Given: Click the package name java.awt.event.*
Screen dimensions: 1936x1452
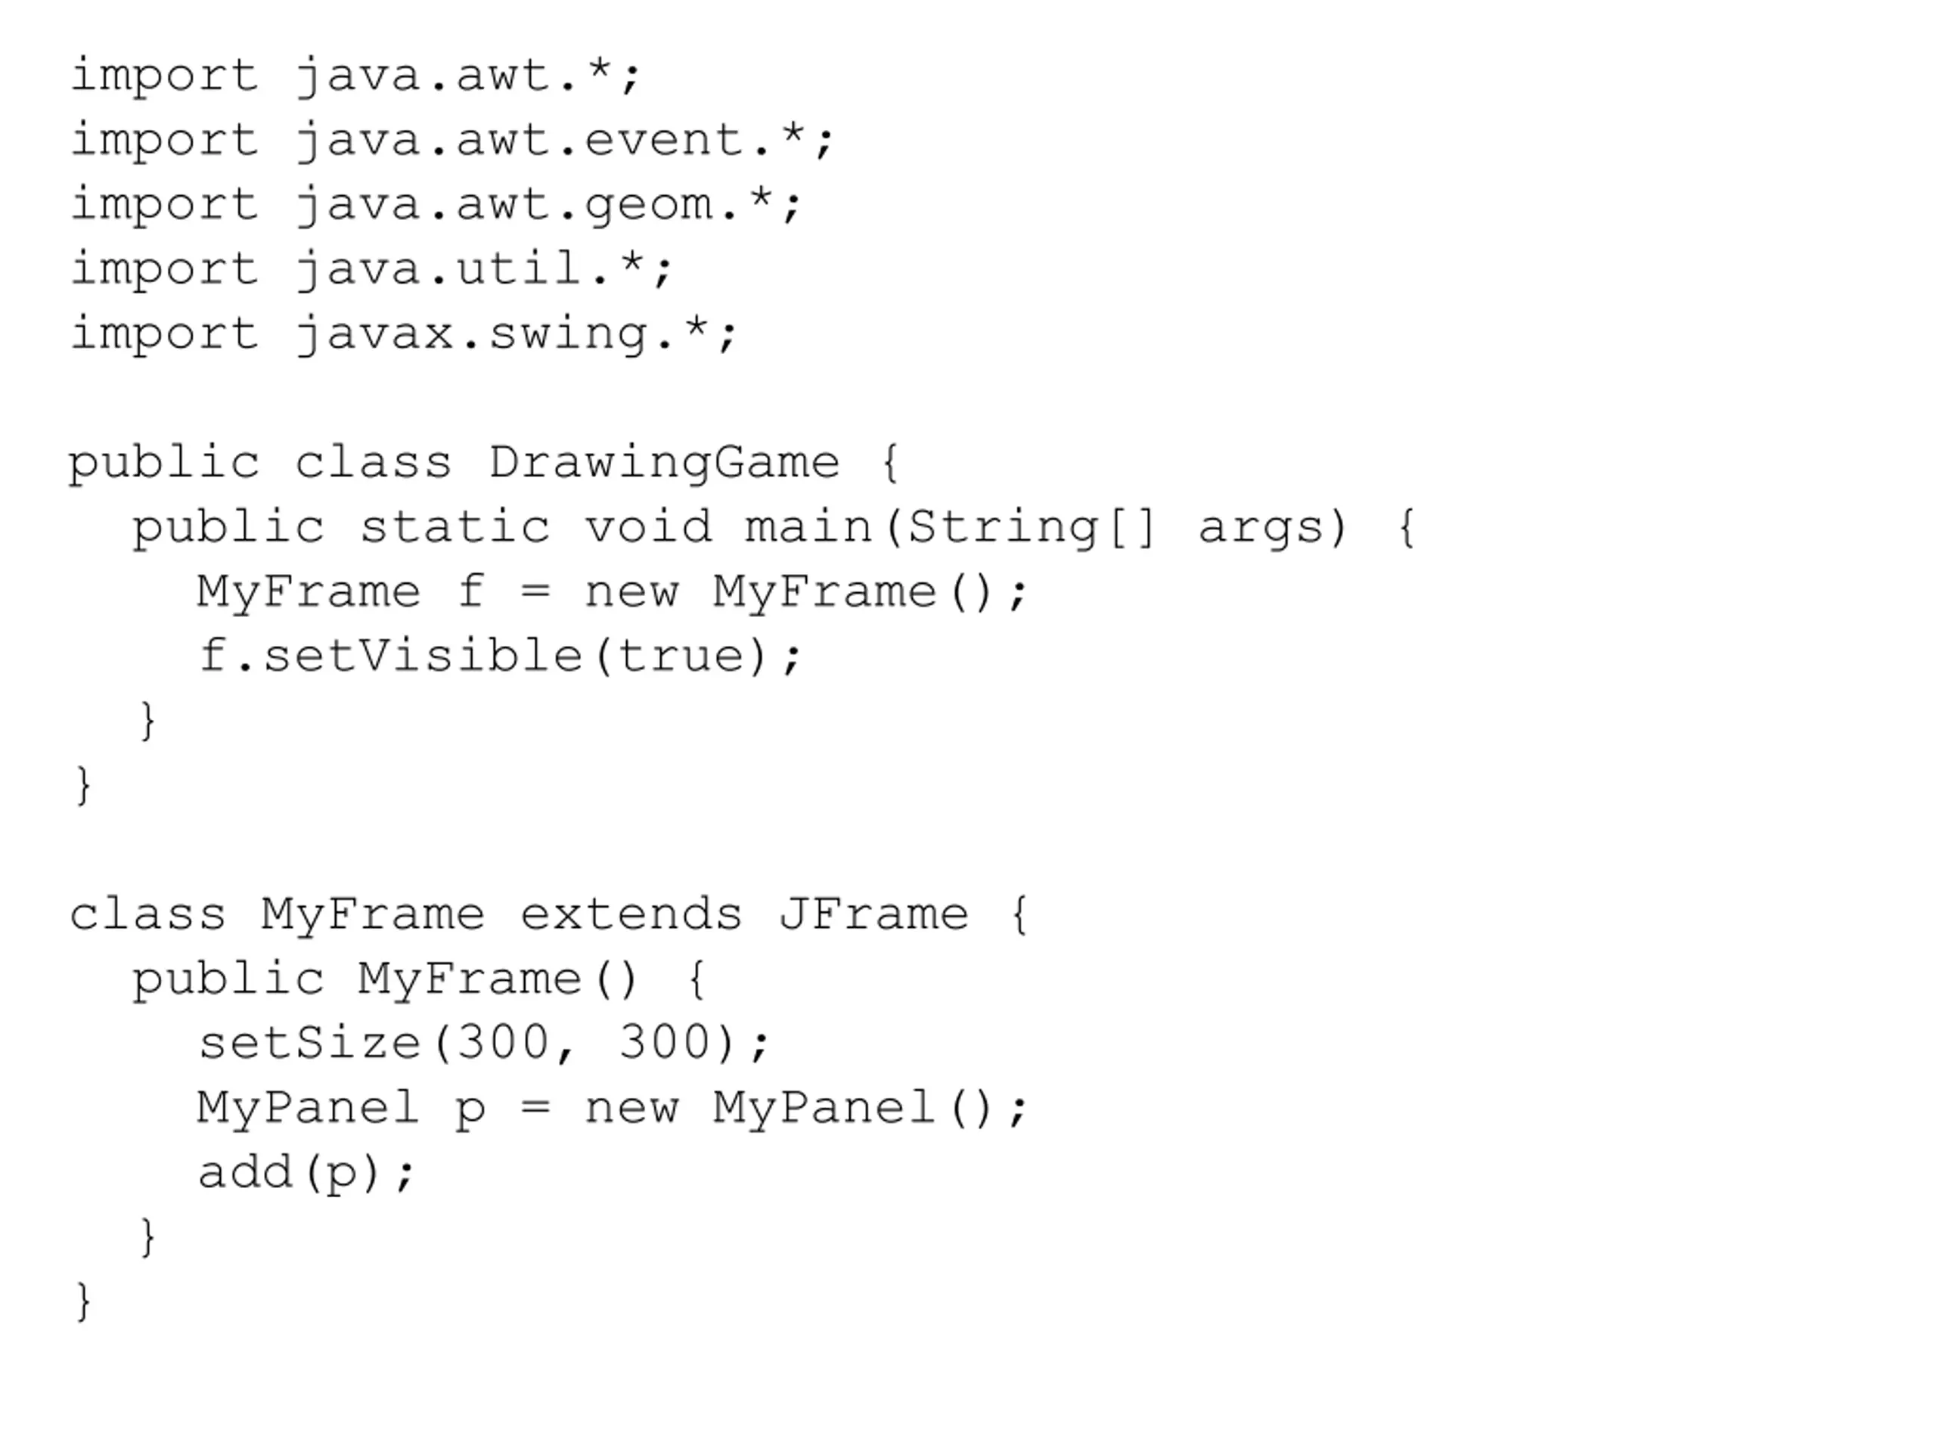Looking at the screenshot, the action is [564, 140].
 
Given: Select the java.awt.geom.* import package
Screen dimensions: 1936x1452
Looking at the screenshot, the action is [548, 205].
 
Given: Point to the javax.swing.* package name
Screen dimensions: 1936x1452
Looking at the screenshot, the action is [517, 334].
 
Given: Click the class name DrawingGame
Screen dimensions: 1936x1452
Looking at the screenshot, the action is [663, 462].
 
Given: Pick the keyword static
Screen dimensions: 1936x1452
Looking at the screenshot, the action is [455, 527].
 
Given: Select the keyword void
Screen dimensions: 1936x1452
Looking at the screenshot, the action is [647, 527].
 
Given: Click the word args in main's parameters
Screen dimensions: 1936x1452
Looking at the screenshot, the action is [1261, 527].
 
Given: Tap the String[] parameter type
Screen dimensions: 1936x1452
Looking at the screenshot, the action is [1033, 527].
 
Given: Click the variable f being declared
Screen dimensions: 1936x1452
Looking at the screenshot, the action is [471, 591].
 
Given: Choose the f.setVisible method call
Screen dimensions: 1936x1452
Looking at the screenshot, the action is [389, 656].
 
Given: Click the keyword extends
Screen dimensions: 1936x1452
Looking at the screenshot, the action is [631, 914].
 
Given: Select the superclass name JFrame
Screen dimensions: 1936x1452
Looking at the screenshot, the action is [873, 914].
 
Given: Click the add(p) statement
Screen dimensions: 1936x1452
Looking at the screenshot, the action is [306, 1173].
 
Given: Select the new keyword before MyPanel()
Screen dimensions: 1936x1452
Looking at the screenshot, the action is [631, 1108].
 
